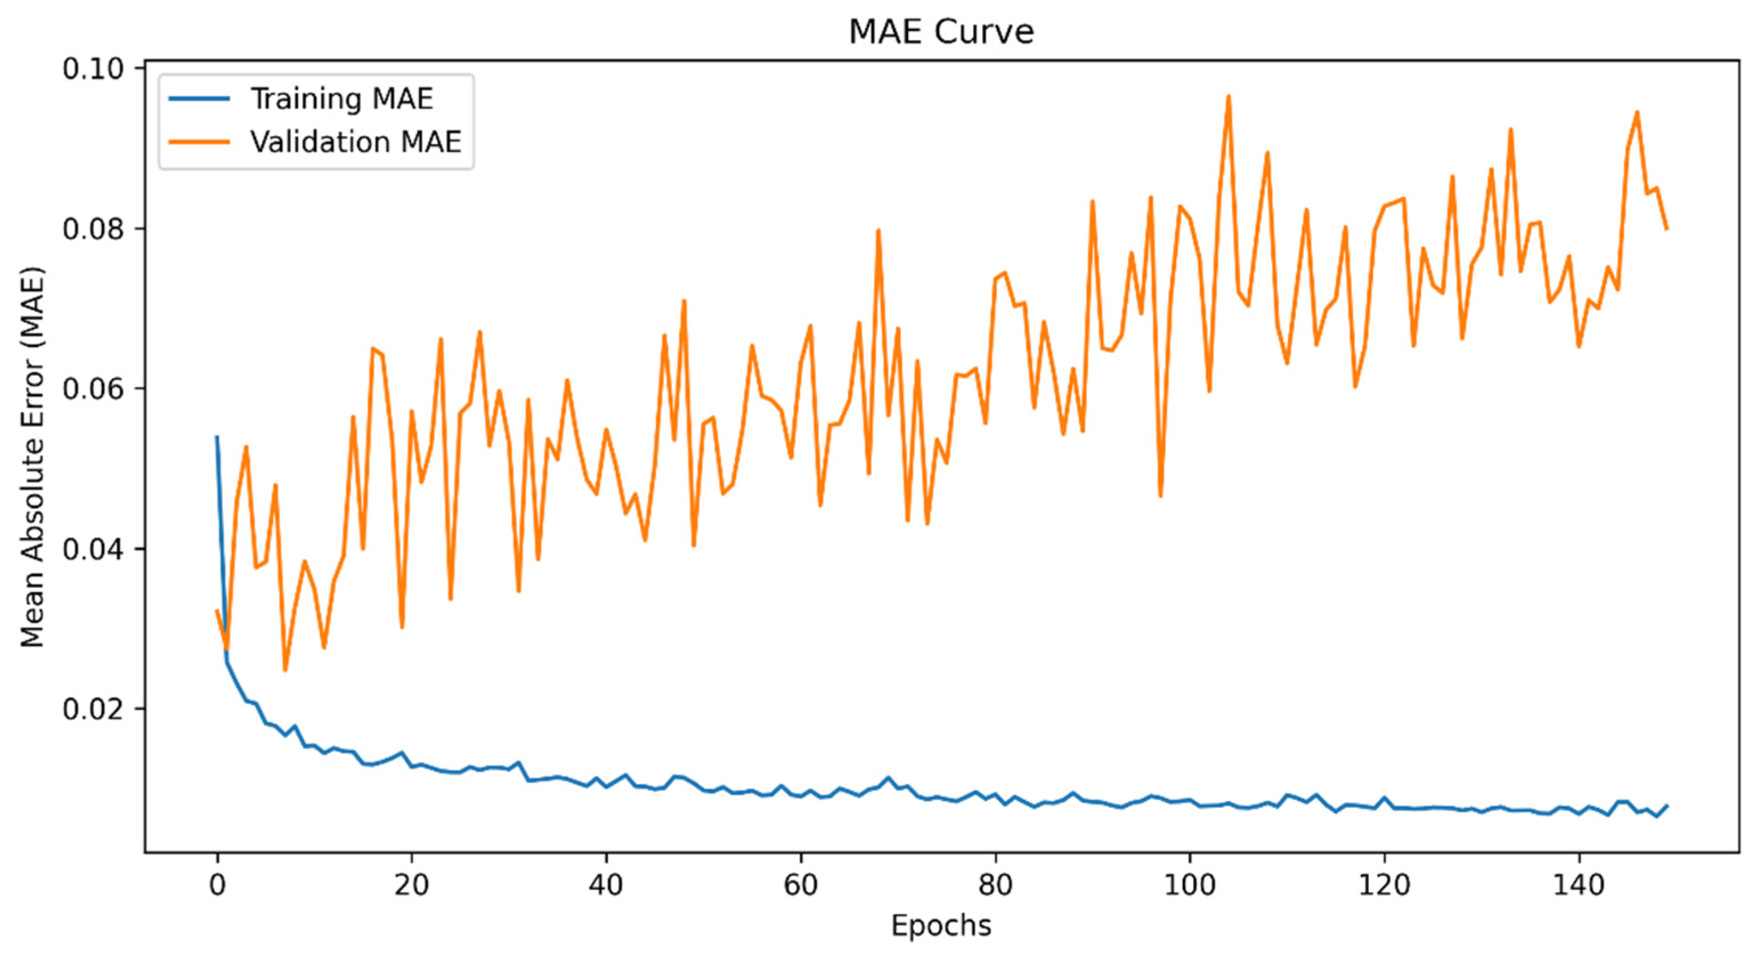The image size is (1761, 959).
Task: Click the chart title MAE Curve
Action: click(x=941, y=31)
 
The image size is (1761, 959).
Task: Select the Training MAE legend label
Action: click(x=342, y=99)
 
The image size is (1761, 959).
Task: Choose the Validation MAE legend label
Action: click(x=356, y=142)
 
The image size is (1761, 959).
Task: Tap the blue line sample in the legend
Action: click(x=199, y=99)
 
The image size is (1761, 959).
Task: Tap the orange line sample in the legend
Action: click(x=199, y=142)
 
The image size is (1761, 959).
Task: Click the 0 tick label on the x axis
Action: click(x=217, y=885)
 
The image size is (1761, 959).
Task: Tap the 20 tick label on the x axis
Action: click(x=412, y=885)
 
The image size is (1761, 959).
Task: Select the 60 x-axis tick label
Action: click(x=800, y=885)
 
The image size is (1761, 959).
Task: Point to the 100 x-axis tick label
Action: click(x=1190, y=885)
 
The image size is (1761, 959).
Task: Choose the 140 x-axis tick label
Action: click(x=1579, y=885)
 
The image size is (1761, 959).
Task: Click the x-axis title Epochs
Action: click(x=941, y=925)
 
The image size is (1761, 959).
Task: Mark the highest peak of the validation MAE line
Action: click(x=1229, y=96)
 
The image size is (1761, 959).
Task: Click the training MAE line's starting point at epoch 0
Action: click(x=217, y=437)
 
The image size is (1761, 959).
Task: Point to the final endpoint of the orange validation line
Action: click(x=1668, y=228)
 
